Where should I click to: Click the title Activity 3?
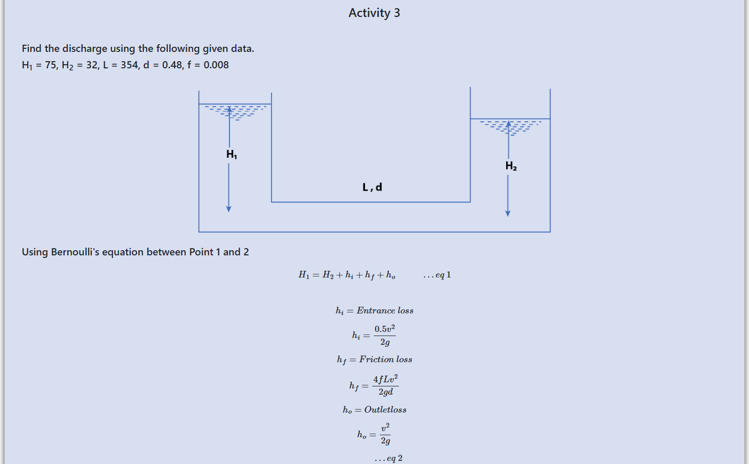(374, 13)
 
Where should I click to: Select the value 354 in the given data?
(129, 65)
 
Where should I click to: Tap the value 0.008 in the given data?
(216, 65)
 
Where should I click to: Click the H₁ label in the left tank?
(232, 154)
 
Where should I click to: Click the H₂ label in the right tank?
(511, 165)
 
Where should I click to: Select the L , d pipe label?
(372, 187)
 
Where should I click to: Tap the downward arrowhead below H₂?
(508, 213)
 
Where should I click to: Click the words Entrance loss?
(385, 310)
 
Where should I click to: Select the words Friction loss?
(386, 359)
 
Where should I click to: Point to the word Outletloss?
(385, 410)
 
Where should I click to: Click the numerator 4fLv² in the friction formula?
(385, 379)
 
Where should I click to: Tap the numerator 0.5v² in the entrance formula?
(385, 329)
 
